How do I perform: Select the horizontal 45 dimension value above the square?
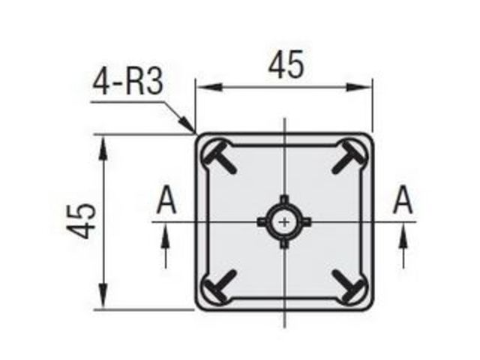coord(286,65)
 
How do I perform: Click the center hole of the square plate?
coord(285,222)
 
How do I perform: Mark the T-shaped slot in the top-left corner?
coord(220,156)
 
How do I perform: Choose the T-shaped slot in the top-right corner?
coord(348,157)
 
